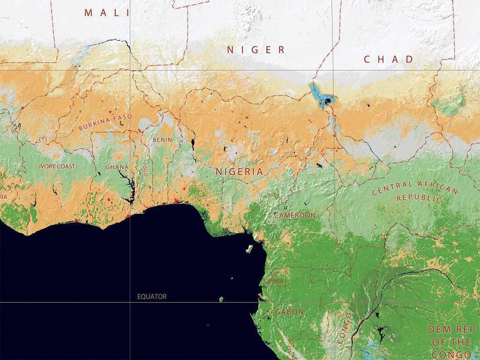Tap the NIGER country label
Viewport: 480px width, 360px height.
[256, 50]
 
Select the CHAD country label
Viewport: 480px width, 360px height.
[389, 60]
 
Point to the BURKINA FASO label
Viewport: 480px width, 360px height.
[105, 122]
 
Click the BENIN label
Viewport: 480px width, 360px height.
[162, 140]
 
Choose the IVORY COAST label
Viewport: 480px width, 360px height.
[57, 166]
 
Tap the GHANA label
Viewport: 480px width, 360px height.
[117, 166]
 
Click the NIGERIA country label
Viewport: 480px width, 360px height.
[240, 172]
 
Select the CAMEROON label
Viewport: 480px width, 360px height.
[295, 215]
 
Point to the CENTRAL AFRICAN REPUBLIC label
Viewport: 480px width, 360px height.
[414, 191]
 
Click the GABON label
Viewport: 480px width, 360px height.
[289, 312]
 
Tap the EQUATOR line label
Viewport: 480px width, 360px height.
[152, 297]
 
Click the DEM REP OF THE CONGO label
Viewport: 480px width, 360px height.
[452, 342]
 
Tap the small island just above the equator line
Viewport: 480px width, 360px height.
[221, 299]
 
